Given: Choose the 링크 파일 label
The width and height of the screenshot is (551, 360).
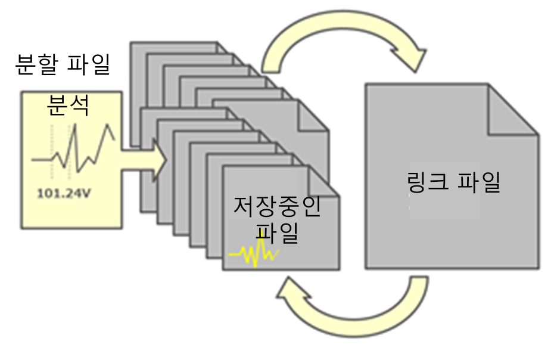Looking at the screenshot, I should tap(452, 183).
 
